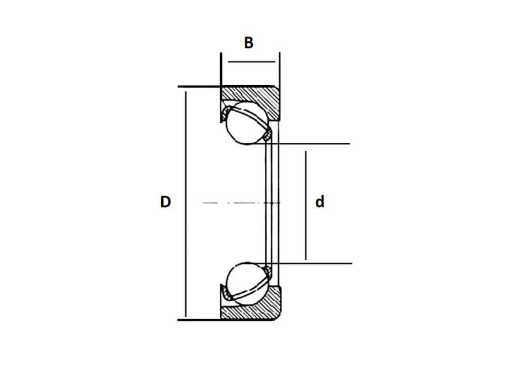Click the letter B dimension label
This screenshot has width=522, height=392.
249,43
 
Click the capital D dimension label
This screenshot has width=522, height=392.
166,202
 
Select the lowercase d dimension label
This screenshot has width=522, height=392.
320,202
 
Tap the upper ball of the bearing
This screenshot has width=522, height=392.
247,123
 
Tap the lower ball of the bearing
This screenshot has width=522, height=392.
247,284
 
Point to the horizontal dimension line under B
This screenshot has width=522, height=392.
252,61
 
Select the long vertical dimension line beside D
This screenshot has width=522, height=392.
185,204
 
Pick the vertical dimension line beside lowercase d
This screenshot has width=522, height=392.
306,205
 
